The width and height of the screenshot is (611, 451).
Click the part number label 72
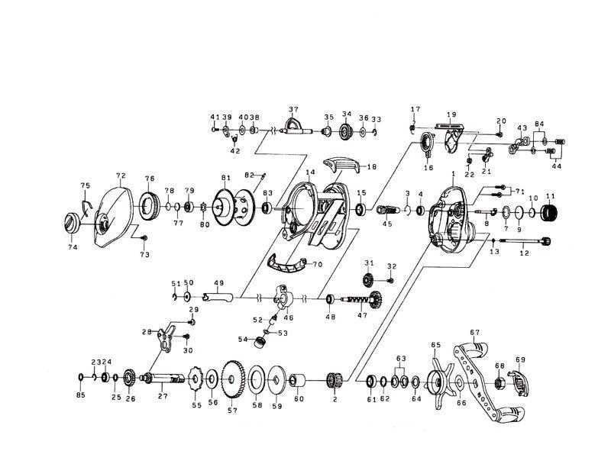(120, 175)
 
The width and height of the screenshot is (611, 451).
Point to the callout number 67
(474, 332)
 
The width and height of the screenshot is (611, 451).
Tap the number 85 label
(81, 395)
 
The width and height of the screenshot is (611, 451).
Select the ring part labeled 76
(149, 205)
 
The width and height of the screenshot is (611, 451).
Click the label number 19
(451, 115)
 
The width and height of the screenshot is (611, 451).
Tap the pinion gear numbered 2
(332, 379)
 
